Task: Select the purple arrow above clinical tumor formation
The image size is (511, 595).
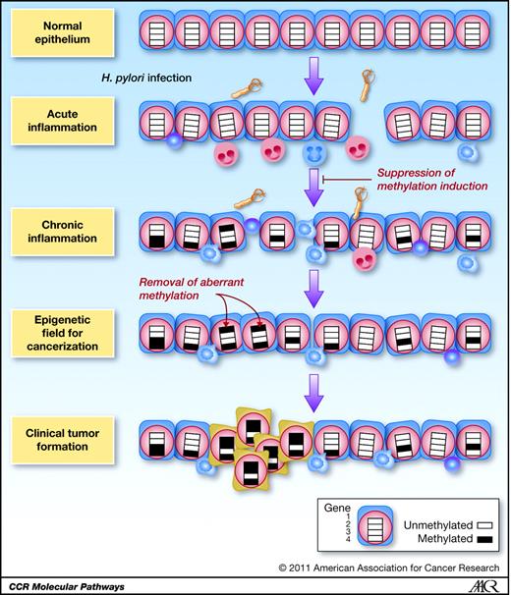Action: tap(313, 390)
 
